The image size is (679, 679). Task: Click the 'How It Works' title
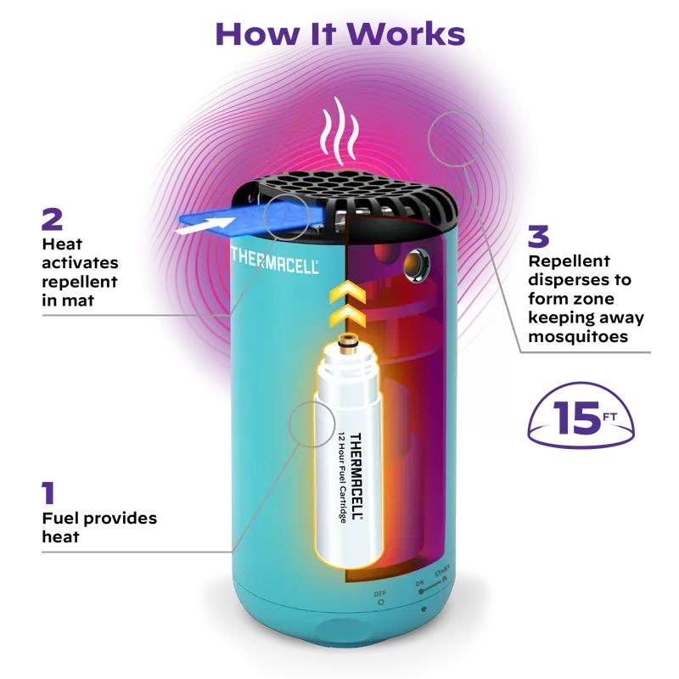[x=339, y=33]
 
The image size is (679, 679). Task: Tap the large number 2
[x=52, y=219]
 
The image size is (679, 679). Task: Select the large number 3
[x=538, y=236]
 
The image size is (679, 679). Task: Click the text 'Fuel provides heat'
[x=99, y=527]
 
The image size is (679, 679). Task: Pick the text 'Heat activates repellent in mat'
[x=81, y=272]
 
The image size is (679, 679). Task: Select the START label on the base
[x=442, y=574]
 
